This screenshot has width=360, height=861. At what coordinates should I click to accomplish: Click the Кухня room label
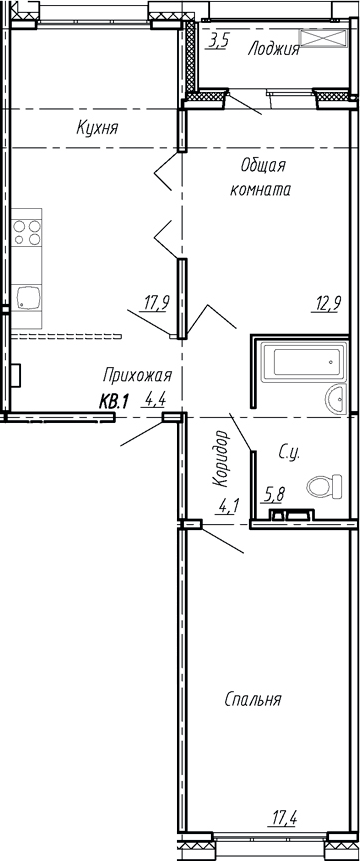98,128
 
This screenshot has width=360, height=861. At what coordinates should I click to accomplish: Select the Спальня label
252,699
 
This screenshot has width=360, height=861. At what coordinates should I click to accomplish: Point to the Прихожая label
138,375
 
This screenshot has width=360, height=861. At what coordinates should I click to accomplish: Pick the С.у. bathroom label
290,455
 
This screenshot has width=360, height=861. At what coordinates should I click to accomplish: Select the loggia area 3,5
219,41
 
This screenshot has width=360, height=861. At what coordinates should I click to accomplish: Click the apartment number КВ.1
115,402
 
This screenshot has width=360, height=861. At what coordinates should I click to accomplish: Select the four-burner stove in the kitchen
27,233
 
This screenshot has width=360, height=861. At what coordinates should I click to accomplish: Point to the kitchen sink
27,296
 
